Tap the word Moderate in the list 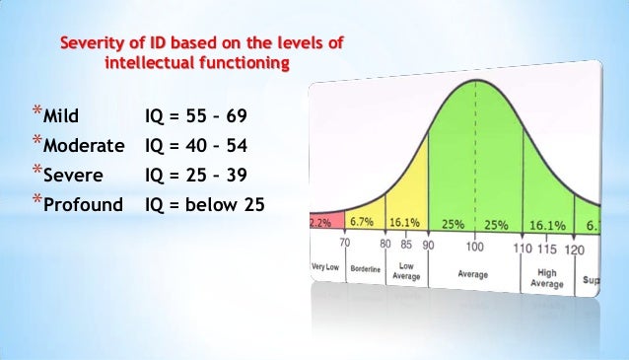coord(84,147)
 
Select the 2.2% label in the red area coord(320,223)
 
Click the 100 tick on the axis coord(476,245)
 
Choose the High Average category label coord(547,278)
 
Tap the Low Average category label coord(406,271)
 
